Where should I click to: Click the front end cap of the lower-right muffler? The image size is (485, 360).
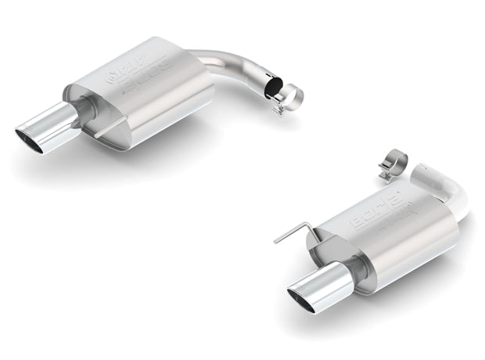(x=344, y=258)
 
